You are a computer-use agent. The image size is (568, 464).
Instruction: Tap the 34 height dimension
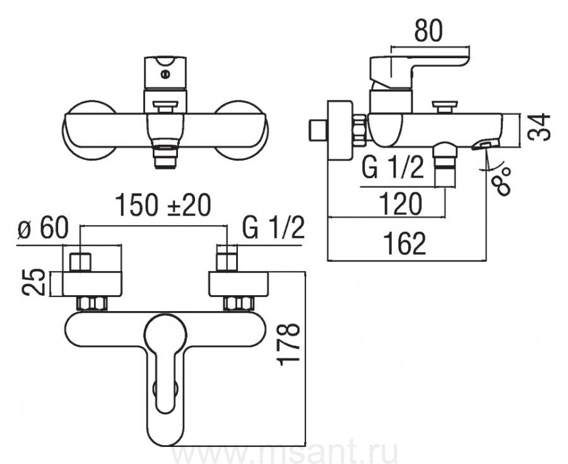click(x=540, y=126)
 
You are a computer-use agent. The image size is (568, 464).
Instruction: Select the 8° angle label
click(x=502, y=181)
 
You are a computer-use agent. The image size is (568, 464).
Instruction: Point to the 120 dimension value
click(x=401, y=204)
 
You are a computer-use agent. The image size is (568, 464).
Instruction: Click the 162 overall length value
click(x=405, y=243)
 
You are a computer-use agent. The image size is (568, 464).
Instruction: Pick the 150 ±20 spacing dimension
click(x=163, y=205)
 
